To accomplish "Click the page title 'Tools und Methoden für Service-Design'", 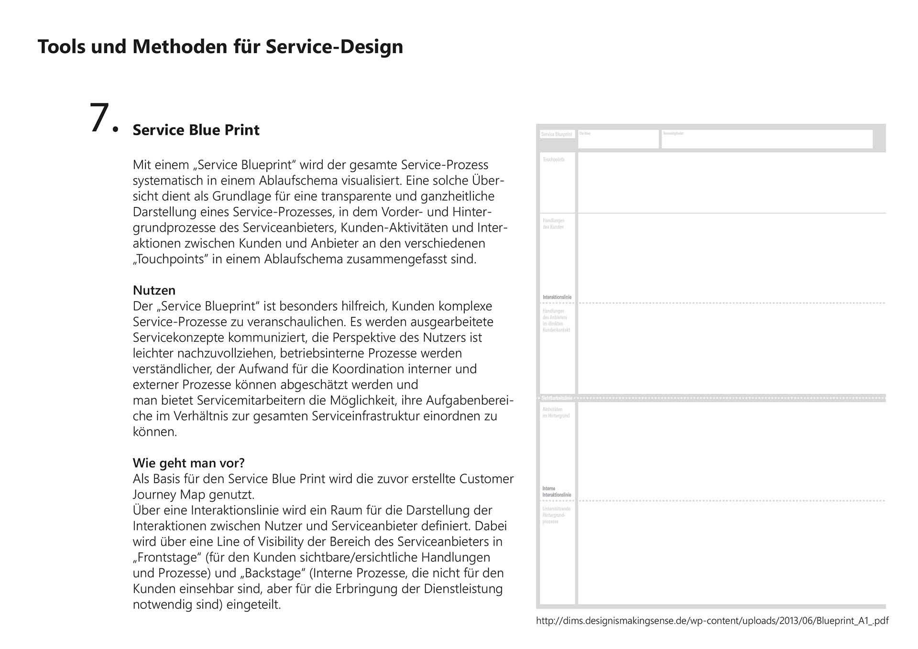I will (220, 47).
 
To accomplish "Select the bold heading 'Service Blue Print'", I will (196, 130).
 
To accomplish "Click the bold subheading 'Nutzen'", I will (154, 290).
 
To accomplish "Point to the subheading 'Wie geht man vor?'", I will (188, 463).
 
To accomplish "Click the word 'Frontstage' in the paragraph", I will (161, 557).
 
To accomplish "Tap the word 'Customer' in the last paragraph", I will (486, 478).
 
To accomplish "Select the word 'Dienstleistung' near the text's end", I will (463, 589).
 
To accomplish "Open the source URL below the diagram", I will (712, 621).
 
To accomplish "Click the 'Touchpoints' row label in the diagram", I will (553, 160).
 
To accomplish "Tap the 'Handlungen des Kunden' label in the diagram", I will (553, 224).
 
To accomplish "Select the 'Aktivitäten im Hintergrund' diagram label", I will (556, 412).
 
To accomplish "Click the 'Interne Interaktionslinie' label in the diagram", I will (556, 492).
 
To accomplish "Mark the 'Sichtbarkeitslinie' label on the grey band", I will (557, 398).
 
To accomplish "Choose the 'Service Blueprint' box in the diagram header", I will (557, 134).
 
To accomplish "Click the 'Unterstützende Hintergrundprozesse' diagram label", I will (556, 515).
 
